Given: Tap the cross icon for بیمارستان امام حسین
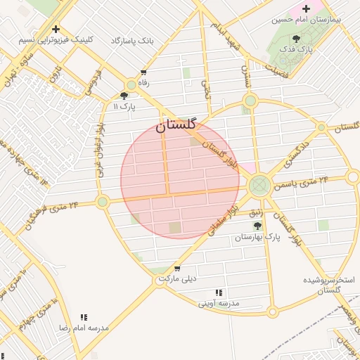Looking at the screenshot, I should [306, 8].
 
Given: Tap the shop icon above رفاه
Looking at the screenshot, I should [144, 72].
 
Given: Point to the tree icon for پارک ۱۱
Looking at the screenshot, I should [124, 96].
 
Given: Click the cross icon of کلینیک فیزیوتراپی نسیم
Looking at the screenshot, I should [56, 29].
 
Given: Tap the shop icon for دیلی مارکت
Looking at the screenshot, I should [176, 268].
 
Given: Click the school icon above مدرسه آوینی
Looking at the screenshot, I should [219, 292].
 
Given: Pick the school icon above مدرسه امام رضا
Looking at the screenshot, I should [84, 317].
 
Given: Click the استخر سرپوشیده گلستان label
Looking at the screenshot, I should [330, 285].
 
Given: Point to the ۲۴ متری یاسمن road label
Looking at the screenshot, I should [304, 184].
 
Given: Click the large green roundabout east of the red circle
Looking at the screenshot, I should [259, 186].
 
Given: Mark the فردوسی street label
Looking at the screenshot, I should [94, 82].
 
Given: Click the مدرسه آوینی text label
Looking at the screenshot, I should [219, 304].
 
